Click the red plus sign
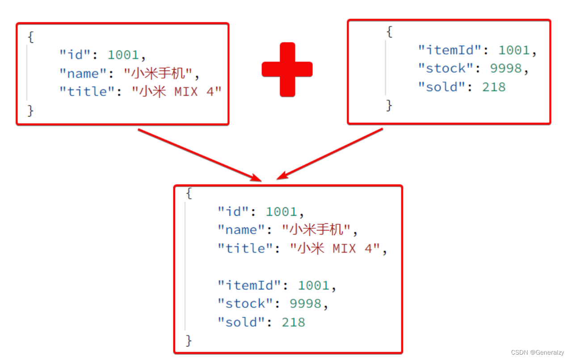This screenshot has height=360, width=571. pos(287,69)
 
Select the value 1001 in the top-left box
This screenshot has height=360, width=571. pos(123,55)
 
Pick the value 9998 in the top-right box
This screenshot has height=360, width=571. pos(506,68)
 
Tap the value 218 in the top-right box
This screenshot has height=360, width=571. pos(494,87)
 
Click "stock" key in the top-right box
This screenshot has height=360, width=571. pos(445,68)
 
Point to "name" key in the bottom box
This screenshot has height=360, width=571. pos(241,230)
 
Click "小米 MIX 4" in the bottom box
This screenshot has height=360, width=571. pos(335,248)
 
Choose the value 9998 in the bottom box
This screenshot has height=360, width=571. pos(306,304)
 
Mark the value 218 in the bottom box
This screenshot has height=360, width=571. pos(294,322)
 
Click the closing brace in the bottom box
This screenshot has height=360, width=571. pos(189,340)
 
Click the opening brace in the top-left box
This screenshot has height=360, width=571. pos(30,37)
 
